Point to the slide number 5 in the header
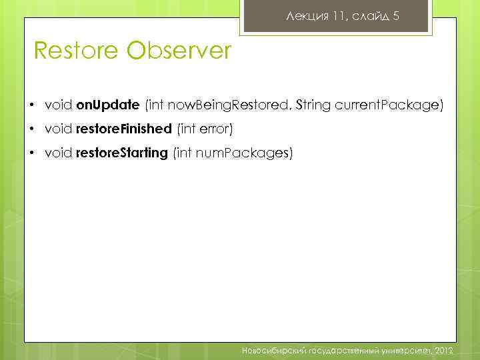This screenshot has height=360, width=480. click(x=396, y=16)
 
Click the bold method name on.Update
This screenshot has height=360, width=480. click(x=107, y=105)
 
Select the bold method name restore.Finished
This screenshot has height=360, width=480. click(x=124, y=129)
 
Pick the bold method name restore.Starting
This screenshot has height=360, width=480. click(x=122, y=153)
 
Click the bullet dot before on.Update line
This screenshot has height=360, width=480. click(x=32, y=106)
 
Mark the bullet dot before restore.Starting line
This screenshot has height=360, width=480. click(x=32, y=154)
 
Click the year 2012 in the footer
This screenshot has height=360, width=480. click(x=443, y=349)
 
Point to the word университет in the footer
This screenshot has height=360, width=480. click(x=403, y=349)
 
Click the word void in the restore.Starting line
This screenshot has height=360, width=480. click(x=59, y=153)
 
